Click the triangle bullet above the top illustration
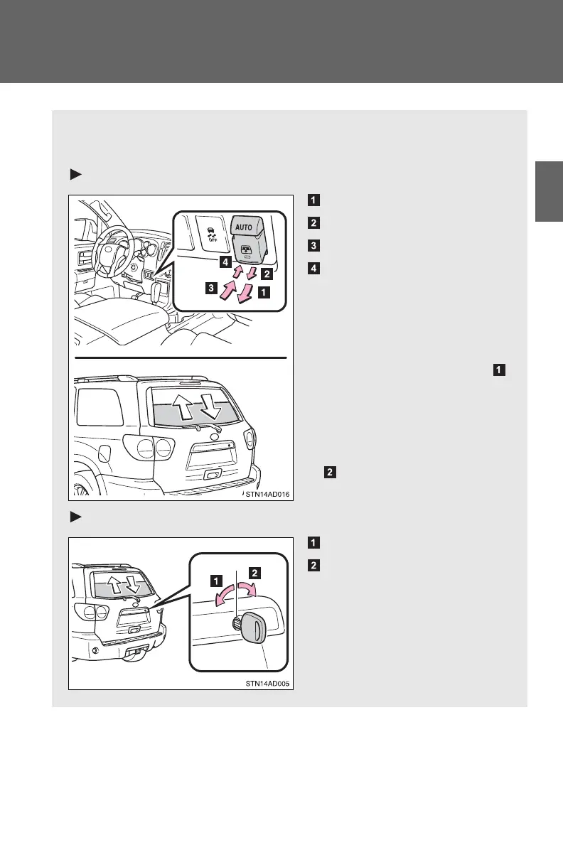pyautogui.click(x=73, y=175)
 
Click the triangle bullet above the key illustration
pyautogui.click(x=73, y=518)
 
